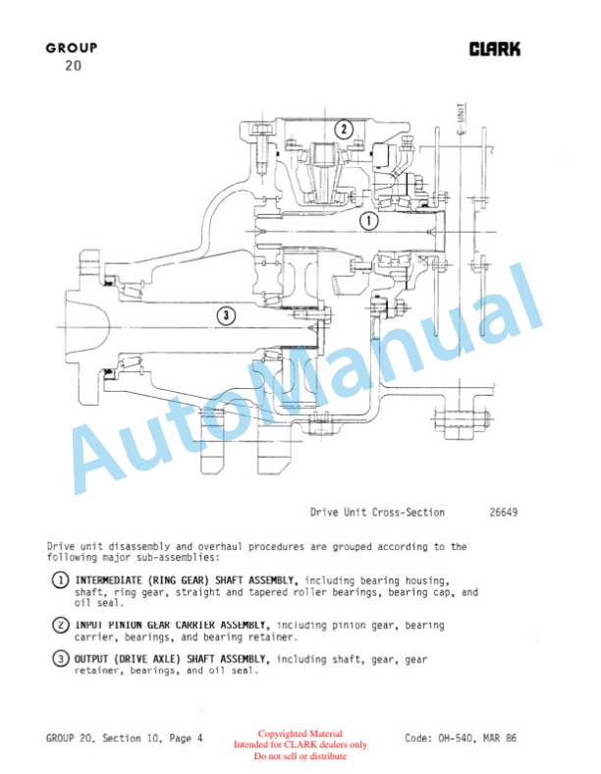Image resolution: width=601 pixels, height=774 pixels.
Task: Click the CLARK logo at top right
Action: (495, 49)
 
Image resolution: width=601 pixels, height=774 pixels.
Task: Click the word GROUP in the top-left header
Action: (71, 48)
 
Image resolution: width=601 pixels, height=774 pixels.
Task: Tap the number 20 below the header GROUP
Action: (72, 66)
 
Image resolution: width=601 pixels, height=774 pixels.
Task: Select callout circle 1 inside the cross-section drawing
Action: (368, 221)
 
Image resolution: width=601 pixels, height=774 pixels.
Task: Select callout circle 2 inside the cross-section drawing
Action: (343, 129)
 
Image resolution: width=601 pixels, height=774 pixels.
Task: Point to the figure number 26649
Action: (504, 513)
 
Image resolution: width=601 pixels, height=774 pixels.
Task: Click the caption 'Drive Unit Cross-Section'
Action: (377, 513)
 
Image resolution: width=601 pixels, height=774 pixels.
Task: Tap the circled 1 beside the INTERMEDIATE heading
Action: (60, 580)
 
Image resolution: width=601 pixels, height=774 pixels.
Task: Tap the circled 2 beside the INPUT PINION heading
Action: (60, 626)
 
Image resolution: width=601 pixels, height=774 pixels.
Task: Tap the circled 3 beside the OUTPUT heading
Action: (60, 660)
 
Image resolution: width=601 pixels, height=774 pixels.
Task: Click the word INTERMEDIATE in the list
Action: (112, 580)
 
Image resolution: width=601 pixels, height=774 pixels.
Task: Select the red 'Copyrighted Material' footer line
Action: (301, 734)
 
